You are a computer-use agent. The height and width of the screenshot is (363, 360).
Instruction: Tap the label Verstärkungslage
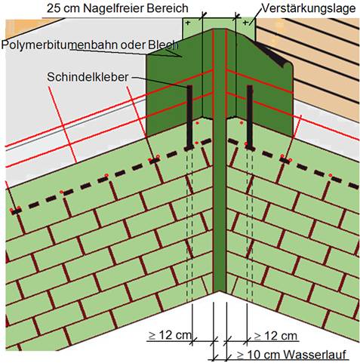click(x=309, y=8)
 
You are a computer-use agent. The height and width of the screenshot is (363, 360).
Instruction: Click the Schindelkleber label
click(x=88, y=77)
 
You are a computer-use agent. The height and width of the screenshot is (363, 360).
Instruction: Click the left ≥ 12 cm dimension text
click(x=170, y=335)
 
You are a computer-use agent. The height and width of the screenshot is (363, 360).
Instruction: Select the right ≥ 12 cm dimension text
click(x=276, y=336)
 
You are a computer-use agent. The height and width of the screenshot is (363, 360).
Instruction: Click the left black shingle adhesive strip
click(x=189, y=117)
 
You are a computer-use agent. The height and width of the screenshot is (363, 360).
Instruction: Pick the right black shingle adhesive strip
click(x=250, y=117)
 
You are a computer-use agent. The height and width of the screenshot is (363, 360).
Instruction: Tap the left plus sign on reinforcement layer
click(x=188, y=23)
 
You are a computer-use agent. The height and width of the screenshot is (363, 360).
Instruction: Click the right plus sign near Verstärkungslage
click(x=245, y=23)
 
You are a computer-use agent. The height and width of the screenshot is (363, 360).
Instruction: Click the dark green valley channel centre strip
click(x=220, y=161)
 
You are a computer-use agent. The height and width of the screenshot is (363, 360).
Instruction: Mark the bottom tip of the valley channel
click(x=220, y=291)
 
